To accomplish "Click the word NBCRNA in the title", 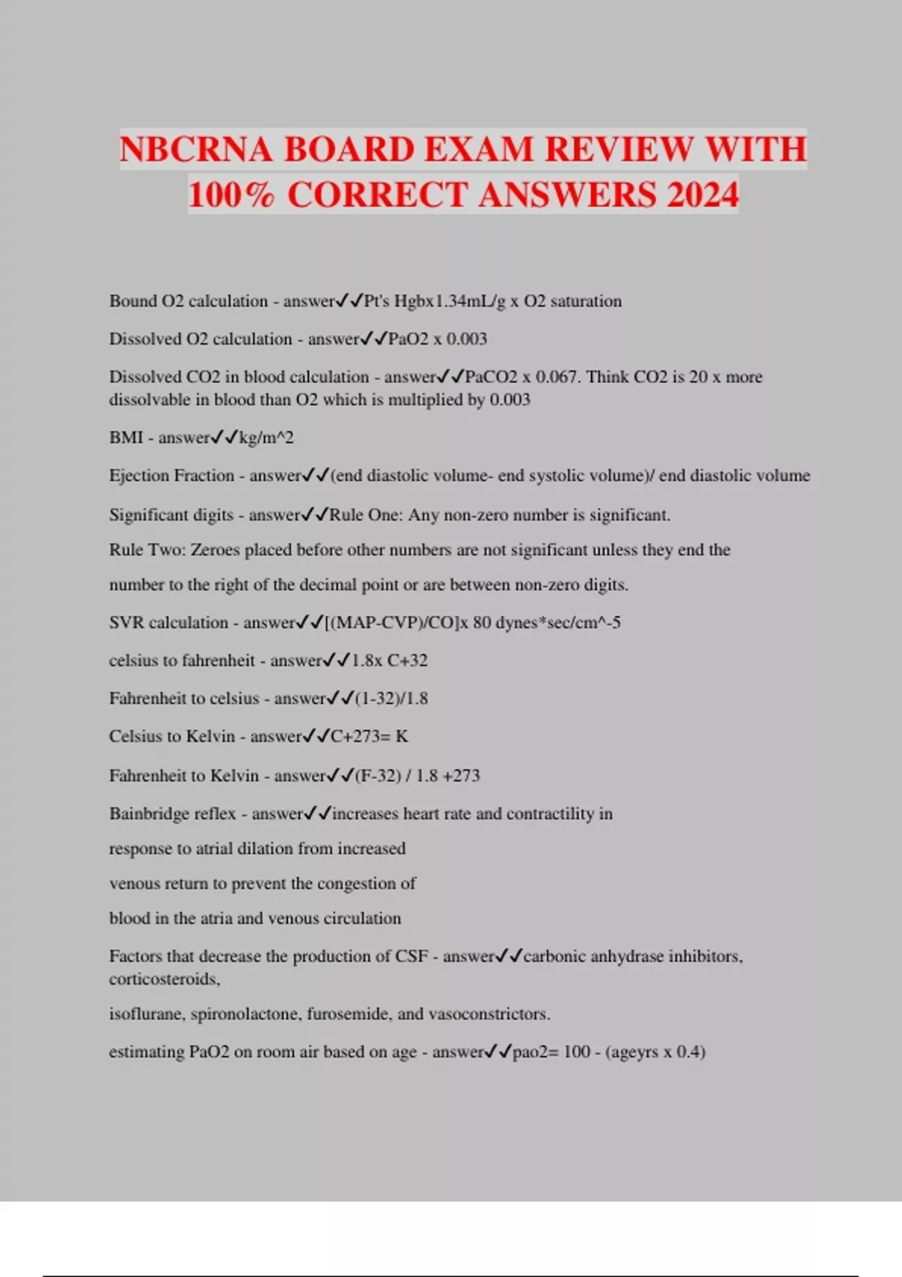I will (x=196, y=149).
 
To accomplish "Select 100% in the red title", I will (x=231, y=195).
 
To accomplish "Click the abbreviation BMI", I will (x=126, y=437).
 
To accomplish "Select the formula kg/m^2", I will (x=266, y=437).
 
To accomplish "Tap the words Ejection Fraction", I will (x=171, y=475).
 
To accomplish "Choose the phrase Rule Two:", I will (x=147, y=550).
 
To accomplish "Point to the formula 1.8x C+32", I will (x=389, y=660).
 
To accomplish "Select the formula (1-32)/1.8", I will (x=391, y=699).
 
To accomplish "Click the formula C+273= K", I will (x=369, y=736).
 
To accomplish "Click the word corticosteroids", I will (x=163, y=980).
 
